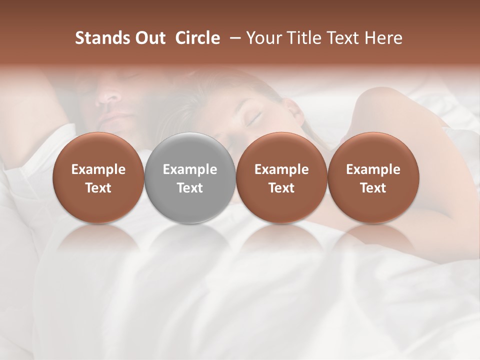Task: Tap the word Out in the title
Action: click(149, 38)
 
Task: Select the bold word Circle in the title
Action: click(197, 38)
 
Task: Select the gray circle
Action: click(189, 177)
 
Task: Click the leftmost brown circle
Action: click(98, 177)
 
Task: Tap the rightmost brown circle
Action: click(373, 177)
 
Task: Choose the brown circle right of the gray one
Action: click(281, 177)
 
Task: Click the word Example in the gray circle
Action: click(190, 169)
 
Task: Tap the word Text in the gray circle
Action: click(190, 188)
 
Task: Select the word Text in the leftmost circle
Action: click(98, 188)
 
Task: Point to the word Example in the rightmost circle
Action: click(373, 169)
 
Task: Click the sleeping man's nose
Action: click(107, 95)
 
